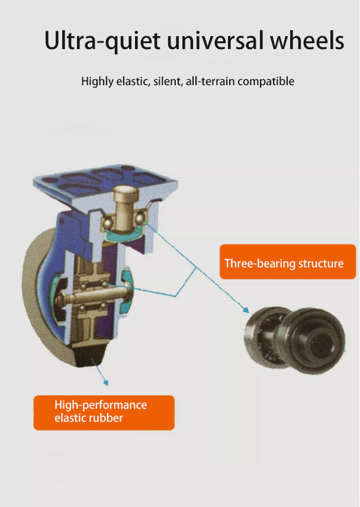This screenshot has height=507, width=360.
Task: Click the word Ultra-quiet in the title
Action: click(x=101, y=41)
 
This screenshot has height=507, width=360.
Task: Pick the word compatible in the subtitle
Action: click(x=264, y=81)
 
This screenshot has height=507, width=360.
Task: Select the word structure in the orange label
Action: click(x=317, y=263)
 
